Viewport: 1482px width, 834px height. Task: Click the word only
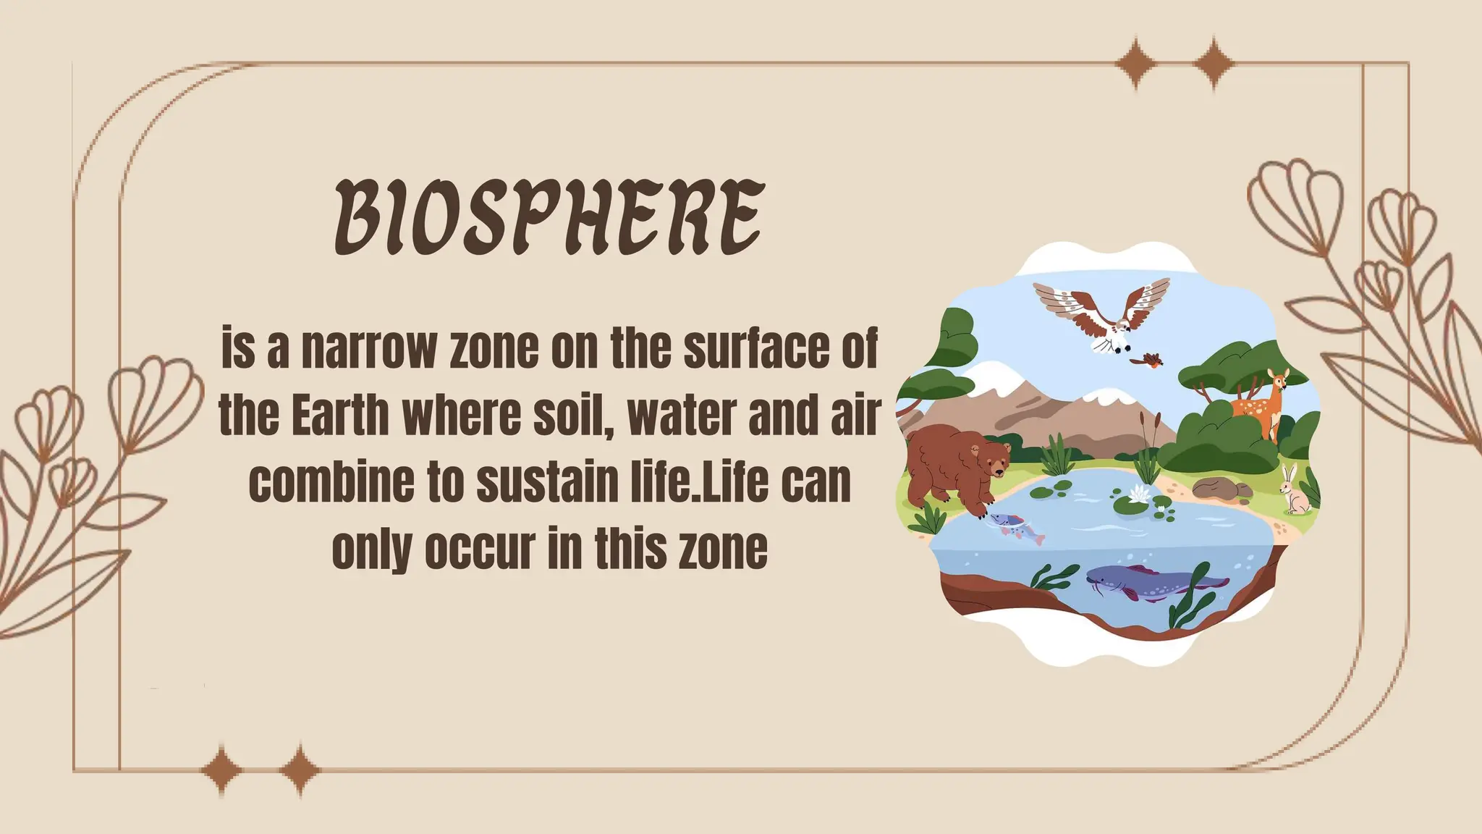pos(372,549)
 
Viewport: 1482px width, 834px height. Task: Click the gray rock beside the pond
pos(1221,488)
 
